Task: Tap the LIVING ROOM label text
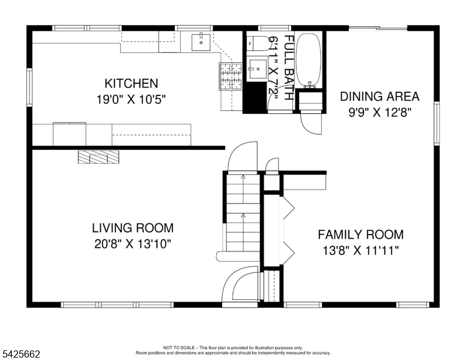[132, 228]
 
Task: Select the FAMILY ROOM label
[360, 235]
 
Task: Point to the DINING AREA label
[380, 96]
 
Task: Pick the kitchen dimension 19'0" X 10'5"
[131, 99]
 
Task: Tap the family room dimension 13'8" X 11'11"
[360, 250]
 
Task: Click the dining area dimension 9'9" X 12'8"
[380, 112]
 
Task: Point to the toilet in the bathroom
[257, 43]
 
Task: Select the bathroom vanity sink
[256, 68]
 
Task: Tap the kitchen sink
[200, 42]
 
